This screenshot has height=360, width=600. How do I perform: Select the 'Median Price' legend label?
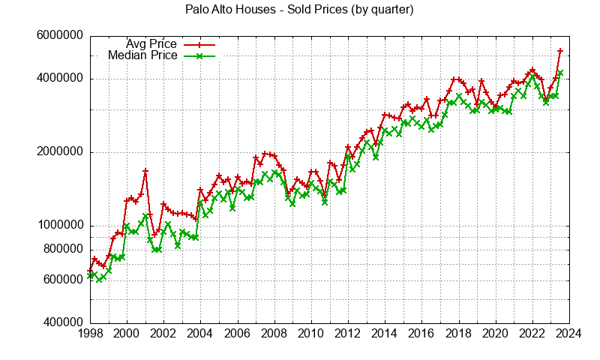click(142, 55)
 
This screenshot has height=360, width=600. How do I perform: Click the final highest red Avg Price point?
click(560, 51)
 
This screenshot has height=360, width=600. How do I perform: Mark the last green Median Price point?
click(560, 73)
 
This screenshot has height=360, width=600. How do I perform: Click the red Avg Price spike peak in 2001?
click(145, 171)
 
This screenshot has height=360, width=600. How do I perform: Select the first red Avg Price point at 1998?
click(90, 271)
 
